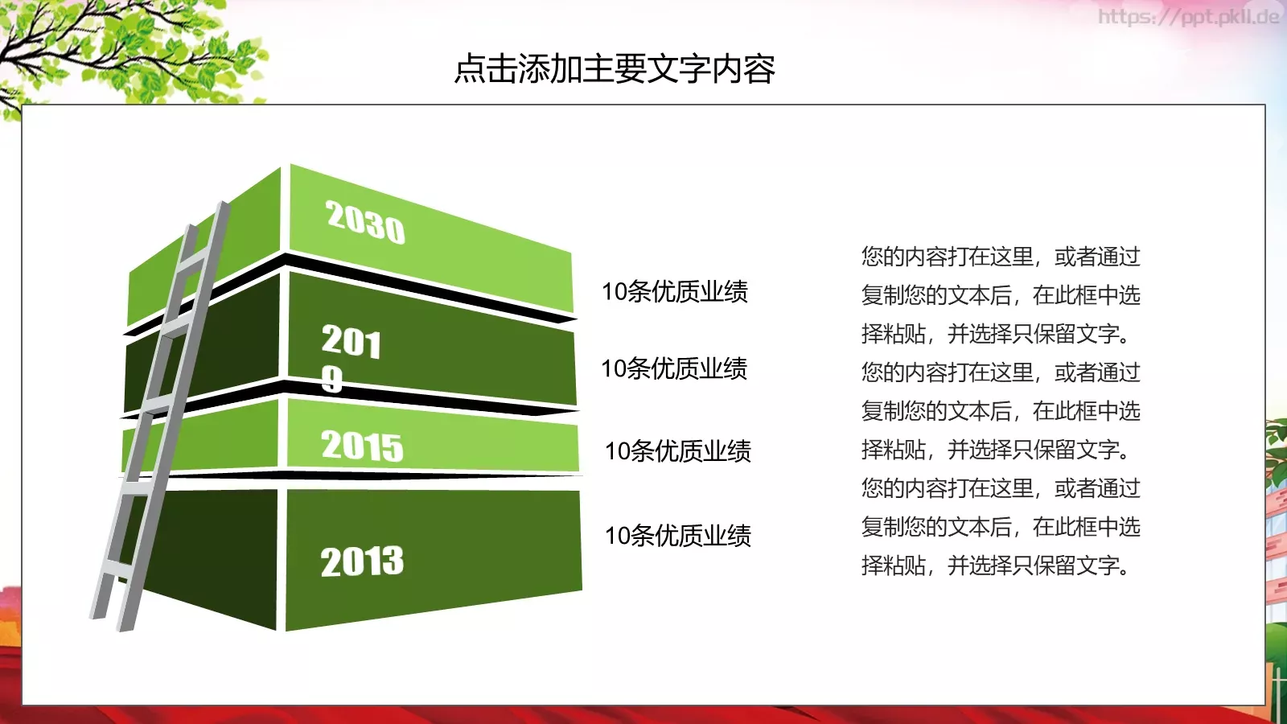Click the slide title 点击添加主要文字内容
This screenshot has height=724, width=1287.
pyautogui.click(x=615, y=69)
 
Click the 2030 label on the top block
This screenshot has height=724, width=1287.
pyautogui.click(x=365, y=221)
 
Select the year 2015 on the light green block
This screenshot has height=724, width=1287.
pyautogui.click(x=362, y=446)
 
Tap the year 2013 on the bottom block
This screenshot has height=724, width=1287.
pyautogui.click(x=362, y=562)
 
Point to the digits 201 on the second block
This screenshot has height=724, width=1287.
pyautogui.click(x=351, y=342)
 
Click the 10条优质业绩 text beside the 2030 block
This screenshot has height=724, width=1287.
pyautogui.click(x=674, y=291)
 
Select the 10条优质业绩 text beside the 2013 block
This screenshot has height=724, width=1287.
pyautogui.click(x=677, y=535)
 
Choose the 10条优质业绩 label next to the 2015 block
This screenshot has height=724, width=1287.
pyautogui.click(x=677, y=450)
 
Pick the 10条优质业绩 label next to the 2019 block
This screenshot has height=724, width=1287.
pyautogui.click(x=674, y=368)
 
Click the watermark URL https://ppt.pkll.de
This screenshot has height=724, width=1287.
pyautogui.click(x=1187, y=16)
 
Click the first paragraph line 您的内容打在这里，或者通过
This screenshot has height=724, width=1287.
pyautogui.click(x=1000, y=257)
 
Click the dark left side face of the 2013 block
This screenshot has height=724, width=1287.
pyautogui.click(x=217, y=555)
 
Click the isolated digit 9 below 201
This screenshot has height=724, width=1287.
pyautogui.click(x=331, y=379)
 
